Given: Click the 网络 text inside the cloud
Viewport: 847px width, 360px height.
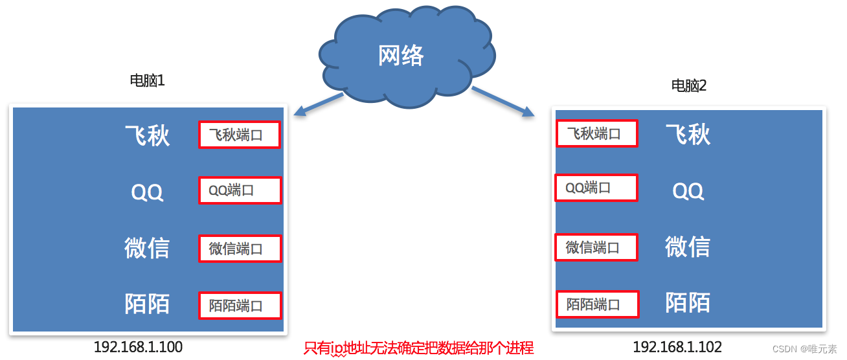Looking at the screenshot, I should click(401, 56).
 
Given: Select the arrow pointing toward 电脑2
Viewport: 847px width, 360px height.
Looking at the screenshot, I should click(503, 102).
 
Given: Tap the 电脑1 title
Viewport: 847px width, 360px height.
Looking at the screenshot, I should click(148, 81).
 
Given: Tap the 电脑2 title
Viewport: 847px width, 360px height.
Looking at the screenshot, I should click(689, 85).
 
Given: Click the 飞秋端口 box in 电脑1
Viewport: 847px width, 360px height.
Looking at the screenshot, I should click(239, 135).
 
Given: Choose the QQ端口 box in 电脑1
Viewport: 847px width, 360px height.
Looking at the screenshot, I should click(239, 190).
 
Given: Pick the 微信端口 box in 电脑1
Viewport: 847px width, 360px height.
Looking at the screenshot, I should click(239, 249).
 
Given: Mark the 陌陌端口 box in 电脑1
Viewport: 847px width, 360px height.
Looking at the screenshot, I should click(239, 306).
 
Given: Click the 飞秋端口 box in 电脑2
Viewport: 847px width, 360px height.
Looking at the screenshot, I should click(596, 133).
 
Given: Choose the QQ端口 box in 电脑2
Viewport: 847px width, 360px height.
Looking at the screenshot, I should click(596, 188).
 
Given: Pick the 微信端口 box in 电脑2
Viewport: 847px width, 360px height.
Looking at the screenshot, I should click(596, 247).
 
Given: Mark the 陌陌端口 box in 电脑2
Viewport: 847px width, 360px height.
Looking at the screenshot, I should click(596, 304).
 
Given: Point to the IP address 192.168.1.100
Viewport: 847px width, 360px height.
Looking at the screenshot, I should click(138, 347).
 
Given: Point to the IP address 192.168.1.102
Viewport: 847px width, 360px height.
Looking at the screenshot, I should click(677, 347).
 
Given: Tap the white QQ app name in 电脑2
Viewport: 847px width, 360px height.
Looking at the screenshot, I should click(688, 191).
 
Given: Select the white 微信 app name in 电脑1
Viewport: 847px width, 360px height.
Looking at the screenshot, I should click(147, 248).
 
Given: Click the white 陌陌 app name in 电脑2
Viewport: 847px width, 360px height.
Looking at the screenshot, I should click(688, 302).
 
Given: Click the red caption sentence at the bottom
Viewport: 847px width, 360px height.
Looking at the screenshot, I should click(418, 348).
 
